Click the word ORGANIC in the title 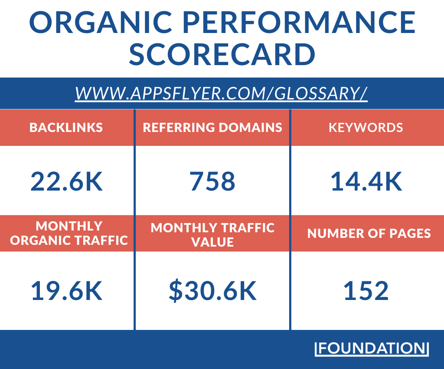(101, 22)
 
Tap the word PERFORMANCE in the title (299, 22)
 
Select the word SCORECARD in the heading (222, 54)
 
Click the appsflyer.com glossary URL (222, 93)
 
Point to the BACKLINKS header (66, 128)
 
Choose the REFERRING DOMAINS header (212, 128)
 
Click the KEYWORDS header (366, 128)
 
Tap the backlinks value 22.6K (66, 181)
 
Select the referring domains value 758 (212, 181)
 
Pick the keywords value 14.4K (366, 181)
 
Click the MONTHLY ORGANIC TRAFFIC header (69, 233)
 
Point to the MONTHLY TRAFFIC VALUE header (212, 235)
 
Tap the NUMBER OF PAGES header (369, 234)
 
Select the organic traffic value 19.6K (66, 291)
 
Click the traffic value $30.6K (212, 291)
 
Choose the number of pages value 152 (366, 291)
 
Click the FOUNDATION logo (372, 348)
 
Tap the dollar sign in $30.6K (176, 291)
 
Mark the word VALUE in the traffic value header (212, 242)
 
